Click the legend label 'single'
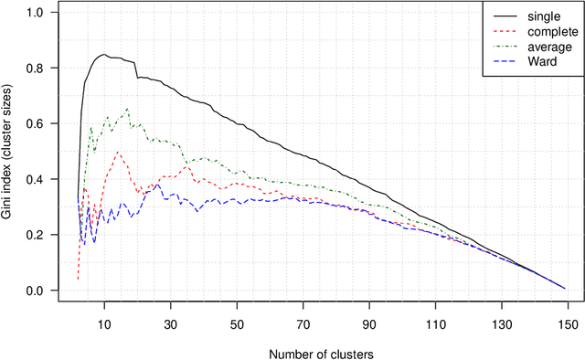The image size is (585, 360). pyautogui.click(x=540, y=16)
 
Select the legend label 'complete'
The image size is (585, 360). pyautogui.click(x=548, y=30)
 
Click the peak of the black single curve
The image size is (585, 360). pyautogui.click(x=105, y=54)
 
